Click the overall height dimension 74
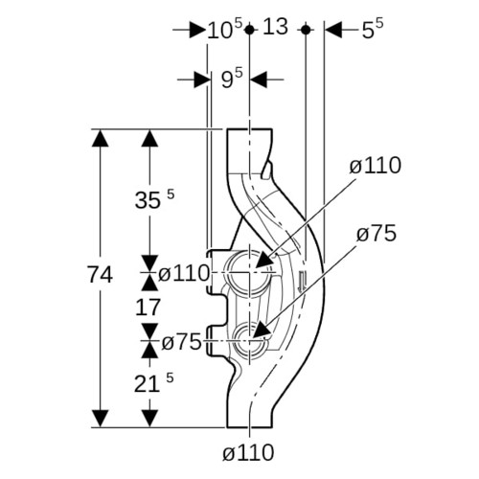[x=100, y=275]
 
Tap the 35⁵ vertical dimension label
[x=154, y=199]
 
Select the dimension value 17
[x=148, y=308]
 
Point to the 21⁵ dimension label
[x=154, y=382]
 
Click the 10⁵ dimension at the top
[x=225, y=29]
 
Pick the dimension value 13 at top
[x=275, y=26]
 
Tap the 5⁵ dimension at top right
[x=373, y=30]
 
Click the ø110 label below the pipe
[x=248, y=452]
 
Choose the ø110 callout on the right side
[x=376, y=166]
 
